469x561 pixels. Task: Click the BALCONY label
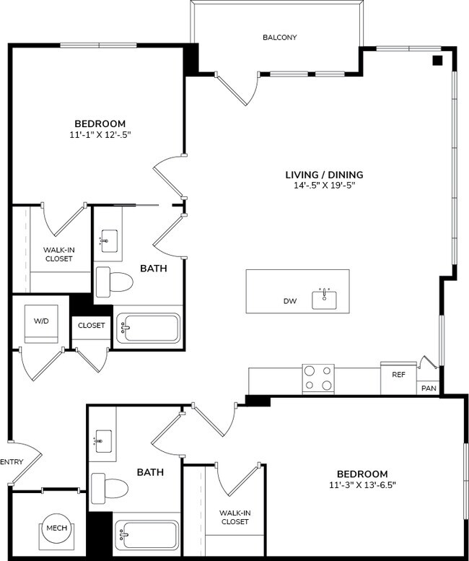[279, 38]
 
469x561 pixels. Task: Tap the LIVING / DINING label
[324, 175]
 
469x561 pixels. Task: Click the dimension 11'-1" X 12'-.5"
[100, 134]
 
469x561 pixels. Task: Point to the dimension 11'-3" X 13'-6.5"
[361, 484]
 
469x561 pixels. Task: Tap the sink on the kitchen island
[325, 297]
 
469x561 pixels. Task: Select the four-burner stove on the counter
[318, 378]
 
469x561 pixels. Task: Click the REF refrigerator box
[398, 376]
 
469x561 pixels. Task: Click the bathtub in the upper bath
[149, 329]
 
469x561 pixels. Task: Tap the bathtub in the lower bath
[146, 536]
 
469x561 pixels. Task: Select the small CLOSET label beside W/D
[92, 326]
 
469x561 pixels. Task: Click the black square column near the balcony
[437, 61]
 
